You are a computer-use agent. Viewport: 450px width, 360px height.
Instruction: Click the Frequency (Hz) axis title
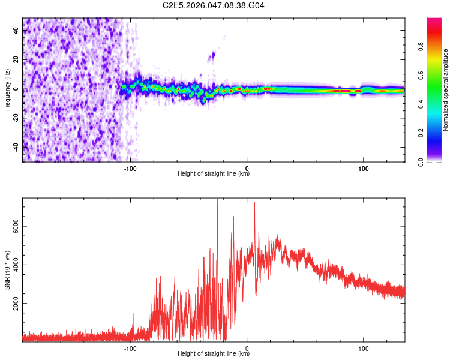point(7,90)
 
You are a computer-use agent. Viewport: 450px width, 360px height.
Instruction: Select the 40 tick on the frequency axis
point(16,31)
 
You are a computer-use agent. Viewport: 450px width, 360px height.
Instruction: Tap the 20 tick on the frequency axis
point(16,60)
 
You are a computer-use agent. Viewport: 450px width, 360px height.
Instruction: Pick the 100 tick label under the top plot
point(363,169)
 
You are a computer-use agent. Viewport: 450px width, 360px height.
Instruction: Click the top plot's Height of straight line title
point(214,174)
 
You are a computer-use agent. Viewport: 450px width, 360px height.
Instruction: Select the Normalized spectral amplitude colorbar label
point(445,90)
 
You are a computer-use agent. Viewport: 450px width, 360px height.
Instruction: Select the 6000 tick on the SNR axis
point(16,226)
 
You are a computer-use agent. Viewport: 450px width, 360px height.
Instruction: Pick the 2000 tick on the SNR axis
point(16,304)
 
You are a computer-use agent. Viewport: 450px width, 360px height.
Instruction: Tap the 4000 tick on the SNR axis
point(16,265)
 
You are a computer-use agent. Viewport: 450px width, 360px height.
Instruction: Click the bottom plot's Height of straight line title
point(214,354)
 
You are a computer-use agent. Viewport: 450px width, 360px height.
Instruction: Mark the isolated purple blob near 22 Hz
point(211,56)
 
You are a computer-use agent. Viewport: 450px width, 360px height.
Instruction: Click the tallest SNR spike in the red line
point(217,200)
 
